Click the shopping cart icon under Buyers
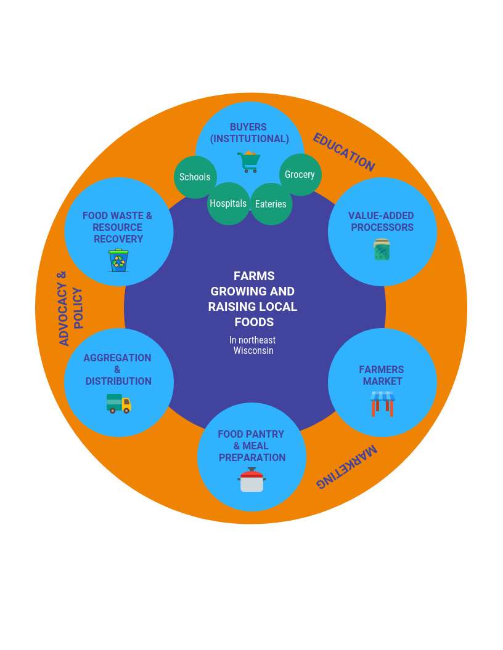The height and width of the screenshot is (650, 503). coord(249,162)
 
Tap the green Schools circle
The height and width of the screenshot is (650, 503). coord(195,177)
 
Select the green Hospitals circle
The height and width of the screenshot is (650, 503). coord(228,204)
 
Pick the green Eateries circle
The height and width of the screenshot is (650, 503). coord(271,204)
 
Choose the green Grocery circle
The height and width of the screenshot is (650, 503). coord(300,175)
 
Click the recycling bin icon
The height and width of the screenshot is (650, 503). coord(118,260)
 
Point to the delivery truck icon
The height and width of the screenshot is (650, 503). coord(119,403)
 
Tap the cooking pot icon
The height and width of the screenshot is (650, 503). coord(251,480)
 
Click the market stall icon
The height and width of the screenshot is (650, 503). coord(382,403)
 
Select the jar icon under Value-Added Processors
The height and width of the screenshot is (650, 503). coord(382,249)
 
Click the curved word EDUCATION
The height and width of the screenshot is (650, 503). coord(343,152)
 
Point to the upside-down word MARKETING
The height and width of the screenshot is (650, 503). coord(346,467)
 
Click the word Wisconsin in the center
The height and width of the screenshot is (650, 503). coord(253,351)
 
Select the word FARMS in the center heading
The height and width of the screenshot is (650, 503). coord(254,276)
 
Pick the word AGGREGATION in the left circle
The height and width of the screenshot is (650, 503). coord(117,358)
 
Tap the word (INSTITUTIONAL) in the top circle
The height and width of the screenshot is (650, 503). coord(250,139)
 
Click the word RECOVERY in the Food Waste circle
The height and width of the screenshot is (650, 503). coord(118,239)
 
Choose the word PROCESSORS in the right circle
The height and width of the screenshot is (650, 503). coord(382,227)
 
